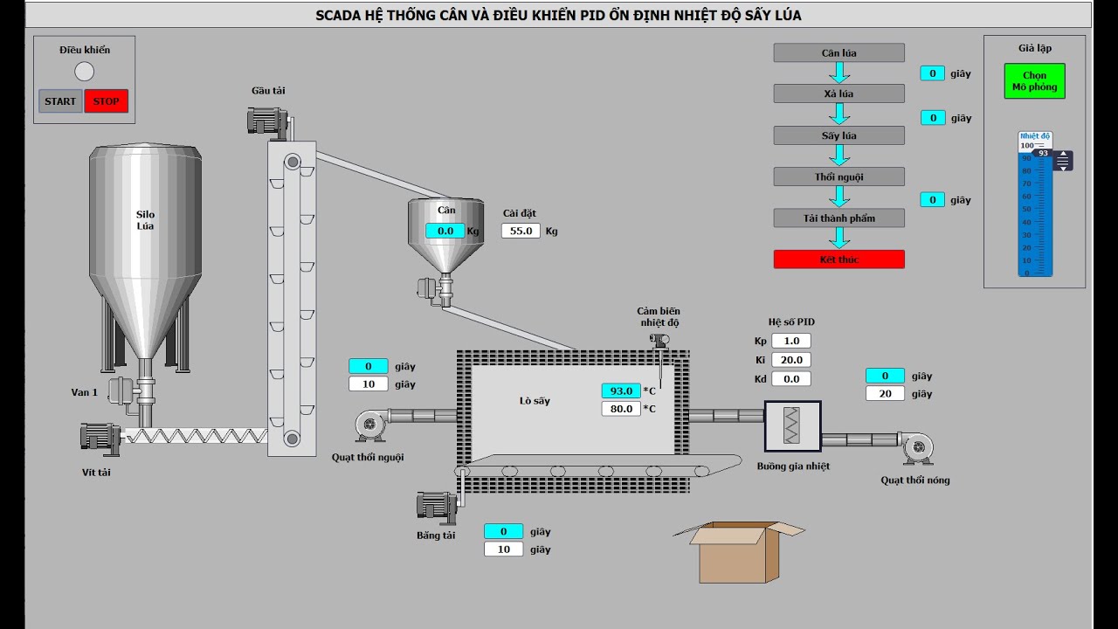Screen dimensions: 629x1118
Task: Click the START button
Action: click(x=60, y=101)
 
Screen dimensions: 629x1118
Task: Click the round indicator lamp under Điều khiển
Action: click(x=85, y=72)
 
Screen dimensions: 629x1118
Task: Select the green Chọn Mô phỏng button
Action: click(x=1034, y=81)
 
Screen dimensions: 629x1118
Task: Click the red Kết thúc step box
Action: click(x=838, y=259)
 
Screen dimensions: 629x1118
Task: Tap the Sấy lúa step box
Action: click(x=838, y=135)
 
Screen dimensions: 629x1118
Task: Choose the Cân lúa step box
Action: click(x=838, y=53)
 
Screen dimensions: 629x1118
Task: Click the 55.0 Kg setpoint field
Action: click(x=521, y=232)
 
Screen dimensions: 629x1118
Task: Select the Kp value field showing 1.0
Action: click(x=791, y=341)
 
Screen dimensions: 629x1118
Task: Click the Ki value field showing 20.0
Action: click(x=791, y=360)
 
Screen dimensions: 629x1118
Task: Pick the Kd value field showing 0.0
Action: click(x=791, y=379)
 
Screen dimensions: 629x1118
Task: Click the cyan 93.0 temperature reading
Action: click(x=621, y=391)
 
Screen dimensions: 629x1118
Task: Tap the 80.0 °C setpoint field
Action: click(x=621, y=409)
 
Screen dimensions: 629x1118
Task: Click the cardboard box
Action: click(x=738, y=552)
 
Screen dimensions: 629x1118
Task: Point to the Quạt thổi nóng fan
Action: click(x=917, y=446)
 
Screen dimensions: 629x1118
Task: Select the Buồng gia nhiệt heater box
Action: click(x=792, y=427)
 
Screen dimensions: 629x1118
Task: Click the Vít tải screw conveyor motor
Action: click(x=100, y=438)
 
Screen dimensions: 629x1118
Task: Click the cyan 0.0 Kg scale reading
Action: click(x=445, y=232)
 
